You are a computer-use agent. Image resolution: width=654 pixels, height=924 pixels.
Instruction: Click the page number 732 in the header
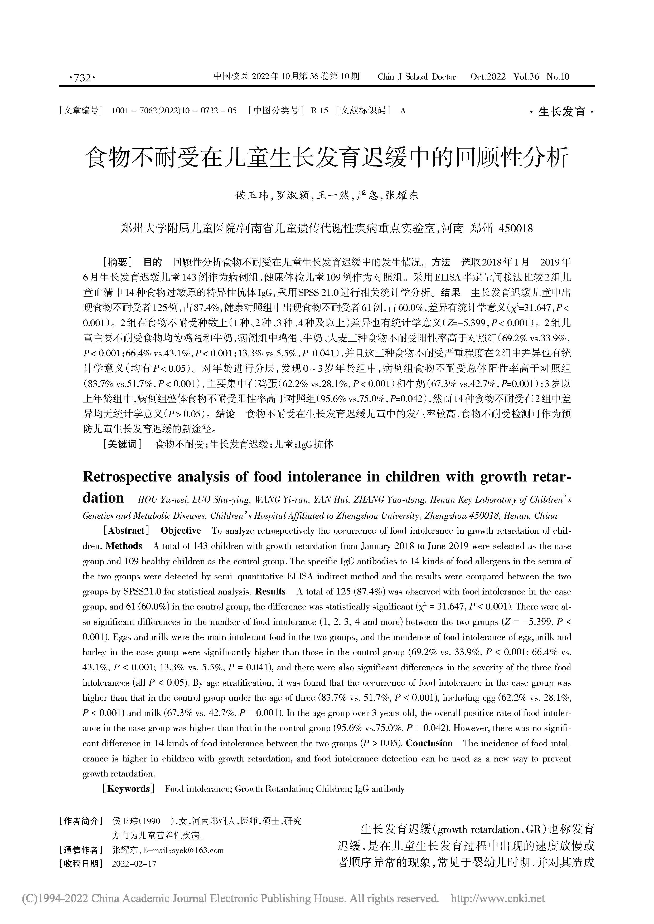pyautogui.click(x=83, y=78)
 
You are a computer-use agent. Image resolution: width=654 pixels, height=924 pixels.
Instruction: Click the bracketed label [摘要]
pyautogui.click(x=118, y=262)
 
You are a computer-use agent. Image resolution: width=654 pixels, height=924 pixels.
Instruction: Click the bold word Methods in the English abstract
pyautogui.click(x=124, y=546)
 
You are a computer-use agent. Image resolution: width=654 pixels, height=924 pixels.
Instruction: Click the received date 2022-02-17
pyautogui.click(x=134, y=863)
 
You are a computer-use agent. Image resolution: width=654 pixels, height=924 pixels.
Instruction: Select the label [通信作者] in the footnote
pyautogui.click(x=79, y=850)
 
